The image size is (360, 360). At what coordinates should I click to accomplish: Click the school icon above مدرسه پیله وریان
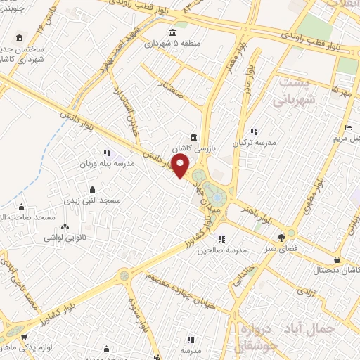tap(107, 152)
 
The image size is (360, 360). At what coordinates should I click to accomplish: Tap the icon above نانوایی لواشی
tap(67, 227)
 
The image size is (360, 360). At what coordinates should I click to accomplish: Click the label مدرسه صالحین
tap(221, 250)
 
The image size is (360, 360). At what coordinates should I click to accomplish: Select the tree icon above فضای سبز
tap(282, 237)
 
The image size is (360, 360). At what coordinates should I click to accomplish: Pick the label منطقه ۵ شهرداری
tap(173, 43)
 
